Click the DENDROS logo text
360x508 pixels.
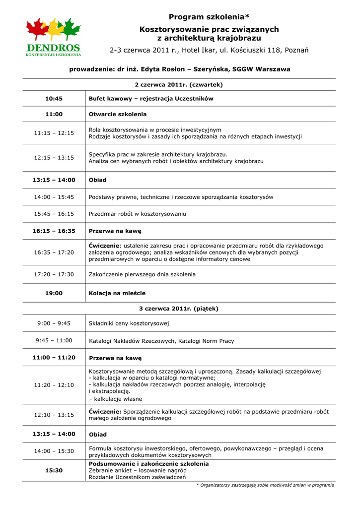point(54,48)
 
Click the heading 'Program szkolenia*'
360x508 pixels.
point(209,17)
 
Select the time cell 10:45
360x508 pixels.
point(54,99)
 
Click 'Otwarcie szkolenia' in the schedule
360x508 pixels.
point(118,114)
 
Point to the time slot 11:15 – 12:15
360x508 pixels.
point(54,133)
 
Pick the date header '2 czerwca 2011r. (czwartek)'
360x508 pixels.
point(179,85)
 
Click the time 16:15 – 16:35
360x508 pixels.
point(54,231)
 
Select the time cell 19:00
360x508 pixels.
point(54,293)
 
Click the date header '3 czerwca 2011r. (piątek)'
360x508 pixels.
point(179,309)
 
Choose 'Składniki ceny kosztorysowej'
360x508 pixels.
point(129,323)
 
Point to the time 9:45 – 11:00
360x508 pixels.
point(54,340)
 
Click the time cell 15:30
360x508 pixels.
point(54,470)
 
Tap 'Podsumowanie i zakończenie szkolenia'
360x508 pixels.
point(148,464)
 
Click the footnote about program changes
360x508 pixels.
point(265,485)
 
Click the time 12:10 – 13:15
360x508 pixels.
point(54,415)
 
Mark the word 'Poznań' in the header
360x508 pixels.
point(296,50)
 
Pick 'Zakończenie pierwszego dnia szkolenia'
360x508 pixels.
point(142,274)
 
